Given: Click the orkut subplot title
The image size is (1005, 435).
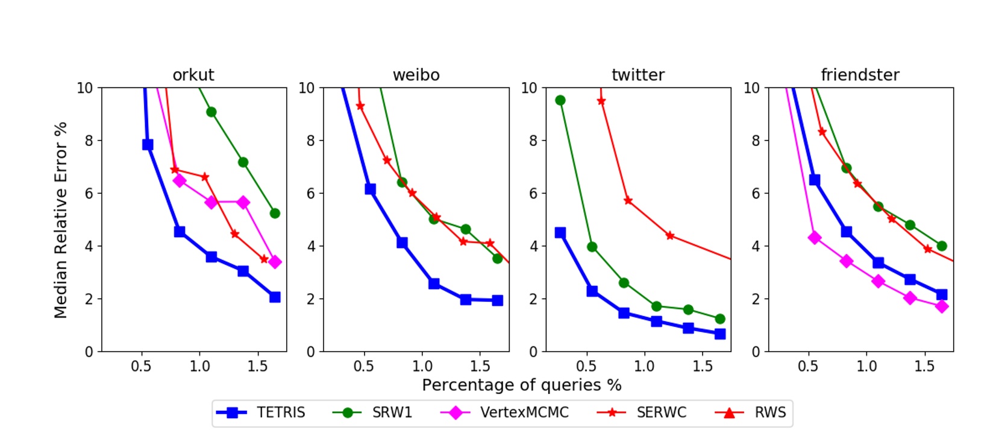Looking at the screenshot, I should point(193,75).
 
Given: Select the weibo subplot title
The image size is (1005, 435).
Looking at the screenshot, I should point(416,75).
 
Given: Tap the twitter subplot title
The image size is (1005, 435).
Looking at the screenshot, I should point(637,75).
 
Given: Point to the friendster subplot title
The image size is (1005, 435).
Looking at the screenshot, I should point(860,75).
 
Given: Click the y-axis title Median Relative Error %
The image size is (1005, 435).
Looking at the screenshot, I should point(61,220).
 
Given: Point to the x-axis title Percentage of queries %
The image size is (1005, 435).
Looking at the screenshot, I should point(521,385).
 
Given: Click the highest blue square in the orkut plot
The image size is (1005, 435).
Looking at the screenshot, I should point(148,144).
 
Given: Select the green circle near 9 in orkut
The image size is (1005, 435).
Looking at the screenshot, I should point(211,112).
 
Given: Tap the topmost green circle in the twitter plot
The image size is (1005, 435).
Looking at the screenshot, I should point(560,100).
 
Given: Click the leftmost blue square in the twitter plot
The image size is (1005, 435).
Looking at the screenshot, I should point(560,232).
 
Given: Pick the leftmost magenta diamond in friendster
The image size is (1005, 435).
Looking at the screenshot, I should point(815,238).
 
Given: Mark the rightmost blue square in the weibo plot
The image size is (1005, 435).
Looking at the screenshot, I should point(497,300).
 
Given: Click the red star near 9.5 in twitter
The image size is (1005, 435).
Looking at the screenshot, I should point(601,101).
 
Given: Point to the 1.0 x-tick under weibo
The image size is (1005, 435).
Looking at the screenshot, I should point(422,366).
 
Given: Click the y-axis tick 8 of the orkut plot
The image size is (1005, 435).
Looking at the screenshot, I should point(89,141).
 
